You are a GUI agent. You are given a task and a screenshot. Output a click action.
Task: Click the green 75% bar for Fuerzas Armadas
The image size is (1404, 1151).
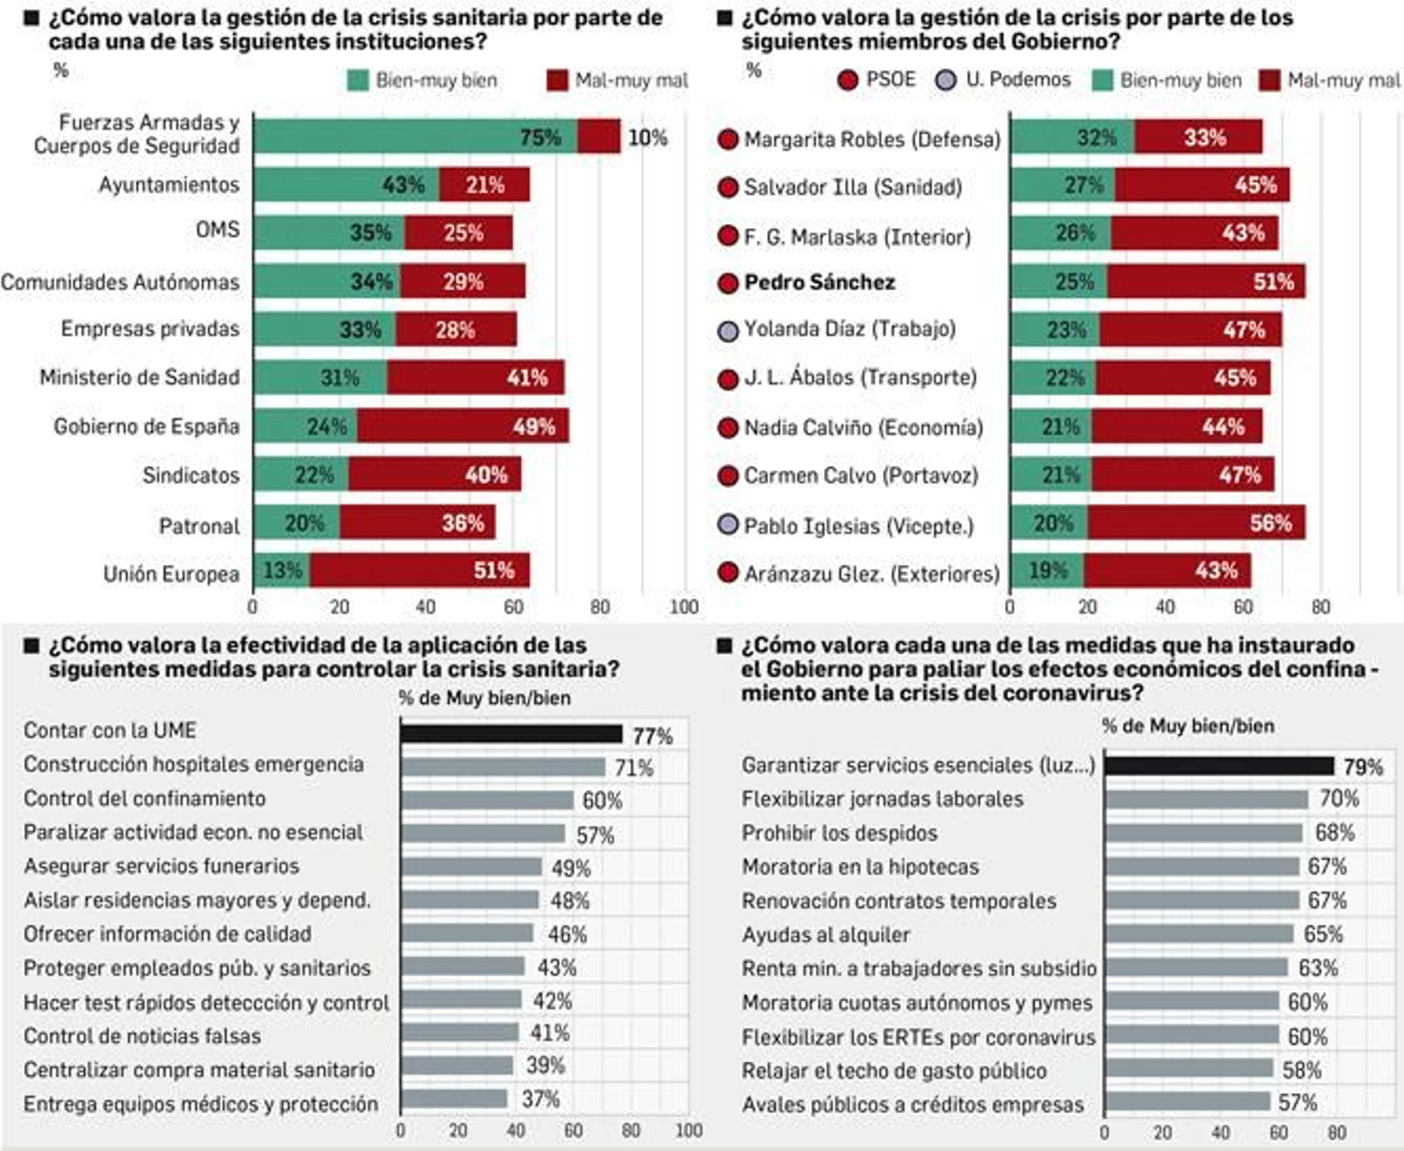click(x=414, y=137)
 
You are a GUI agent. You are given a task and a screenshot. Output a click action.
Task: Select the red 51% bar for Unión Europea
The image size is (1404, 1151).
click(x=419, y=570)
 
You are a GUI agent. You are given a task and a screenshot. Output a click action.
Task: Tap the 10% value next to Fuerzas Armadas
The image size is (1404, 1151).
click(x=648, y=138)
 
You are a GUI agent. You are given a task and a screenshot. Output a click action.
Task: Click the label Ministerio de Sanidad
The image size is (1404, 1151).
click(x=139, y=377)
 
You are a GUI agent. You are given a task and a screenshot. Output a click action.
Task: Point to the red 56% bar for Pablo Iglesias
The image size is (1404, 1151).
click(x=1195, y=523)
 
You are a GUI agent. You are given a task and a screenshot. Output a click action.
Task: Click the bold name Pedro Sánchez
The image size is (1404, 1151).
click(x=819, y=282)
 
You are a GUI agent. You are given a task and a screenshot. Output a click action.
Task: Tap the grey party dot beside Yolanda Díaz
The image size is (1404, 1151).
click(x=727, y=331)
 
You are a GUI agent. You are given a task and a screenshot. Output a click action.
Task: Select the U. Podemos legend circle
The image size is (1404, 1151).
click(x=945, y=81)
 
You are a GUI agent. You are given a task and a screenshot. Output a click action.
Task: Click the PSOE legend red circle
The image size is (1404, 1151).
click(x=847, y=81)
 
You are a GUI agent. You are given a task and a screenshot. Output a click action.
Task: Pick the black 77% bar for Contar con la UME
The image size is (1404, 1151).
click(x=511, y=733)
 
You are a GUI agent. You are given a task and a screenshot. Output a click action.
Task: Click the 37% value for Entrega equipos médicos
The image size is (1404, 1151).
click(x=541, y=1098)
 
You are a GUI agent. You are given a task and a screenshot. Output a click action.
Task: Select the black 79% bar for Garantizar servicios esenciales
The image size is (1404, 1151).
click(x=1218, y=766)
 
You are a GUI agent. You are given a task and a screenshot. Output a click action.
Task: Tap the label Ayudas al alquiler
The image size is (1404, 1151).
click(x=826, y=935)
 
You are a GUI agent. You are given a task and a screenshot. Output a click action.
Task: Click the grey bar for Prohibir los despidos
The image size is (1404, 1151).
click(x=1203, y=833)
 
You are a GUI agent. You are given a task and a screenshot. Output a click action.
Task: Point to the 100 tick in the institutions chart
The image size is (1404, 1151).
click(x=684, y=607)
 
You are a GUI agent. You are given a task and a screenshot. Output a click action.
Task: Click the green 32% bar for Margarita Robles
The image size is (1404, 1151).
click(x=1071, y=137)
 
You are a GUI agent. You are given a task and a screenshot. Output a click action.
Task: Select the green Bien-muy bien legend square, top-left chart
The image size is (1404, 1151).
click(x=358, y=81)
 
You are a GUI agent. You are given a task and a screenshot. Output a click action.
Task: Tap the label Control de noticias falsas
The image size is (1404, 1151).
click(x=142, y=1036)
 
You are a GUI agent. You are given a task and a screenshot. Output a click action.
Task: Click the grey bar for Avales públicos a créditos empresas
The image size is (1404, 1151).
click(x=1186, y=1102)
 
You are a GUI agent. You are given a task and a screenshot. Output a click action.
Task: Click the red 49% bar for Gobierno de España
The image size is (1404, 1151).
click(x=462, y=425)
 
